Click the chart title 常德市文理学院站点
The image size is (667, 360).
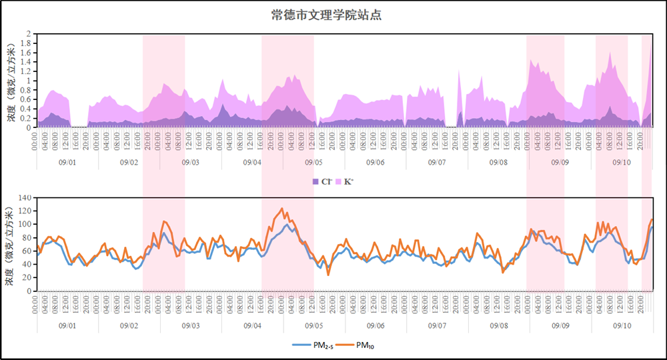[x=326, y=15]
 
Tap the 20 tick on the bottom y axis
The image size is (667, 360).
[x=27, y=277]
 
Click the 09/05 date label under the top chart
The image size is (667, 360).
[x=313, y=162]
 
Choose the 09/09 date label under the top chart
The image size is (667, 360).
[x=560, y=162]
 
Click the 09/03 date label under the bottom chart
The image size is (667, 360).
[x=190, y=326]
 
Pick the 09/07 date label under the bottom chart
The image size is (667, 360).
[x=437, y=326]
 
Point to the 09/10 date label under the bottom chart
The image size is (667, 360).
[x=622, y=326]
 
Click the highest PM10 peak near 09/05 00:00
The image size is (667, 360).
[x=282, y=209]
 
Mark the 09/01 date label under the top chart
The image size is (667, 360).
[x=67, y=162]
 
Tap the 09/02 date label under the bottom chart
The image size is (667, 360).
[x=129, y=326]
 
